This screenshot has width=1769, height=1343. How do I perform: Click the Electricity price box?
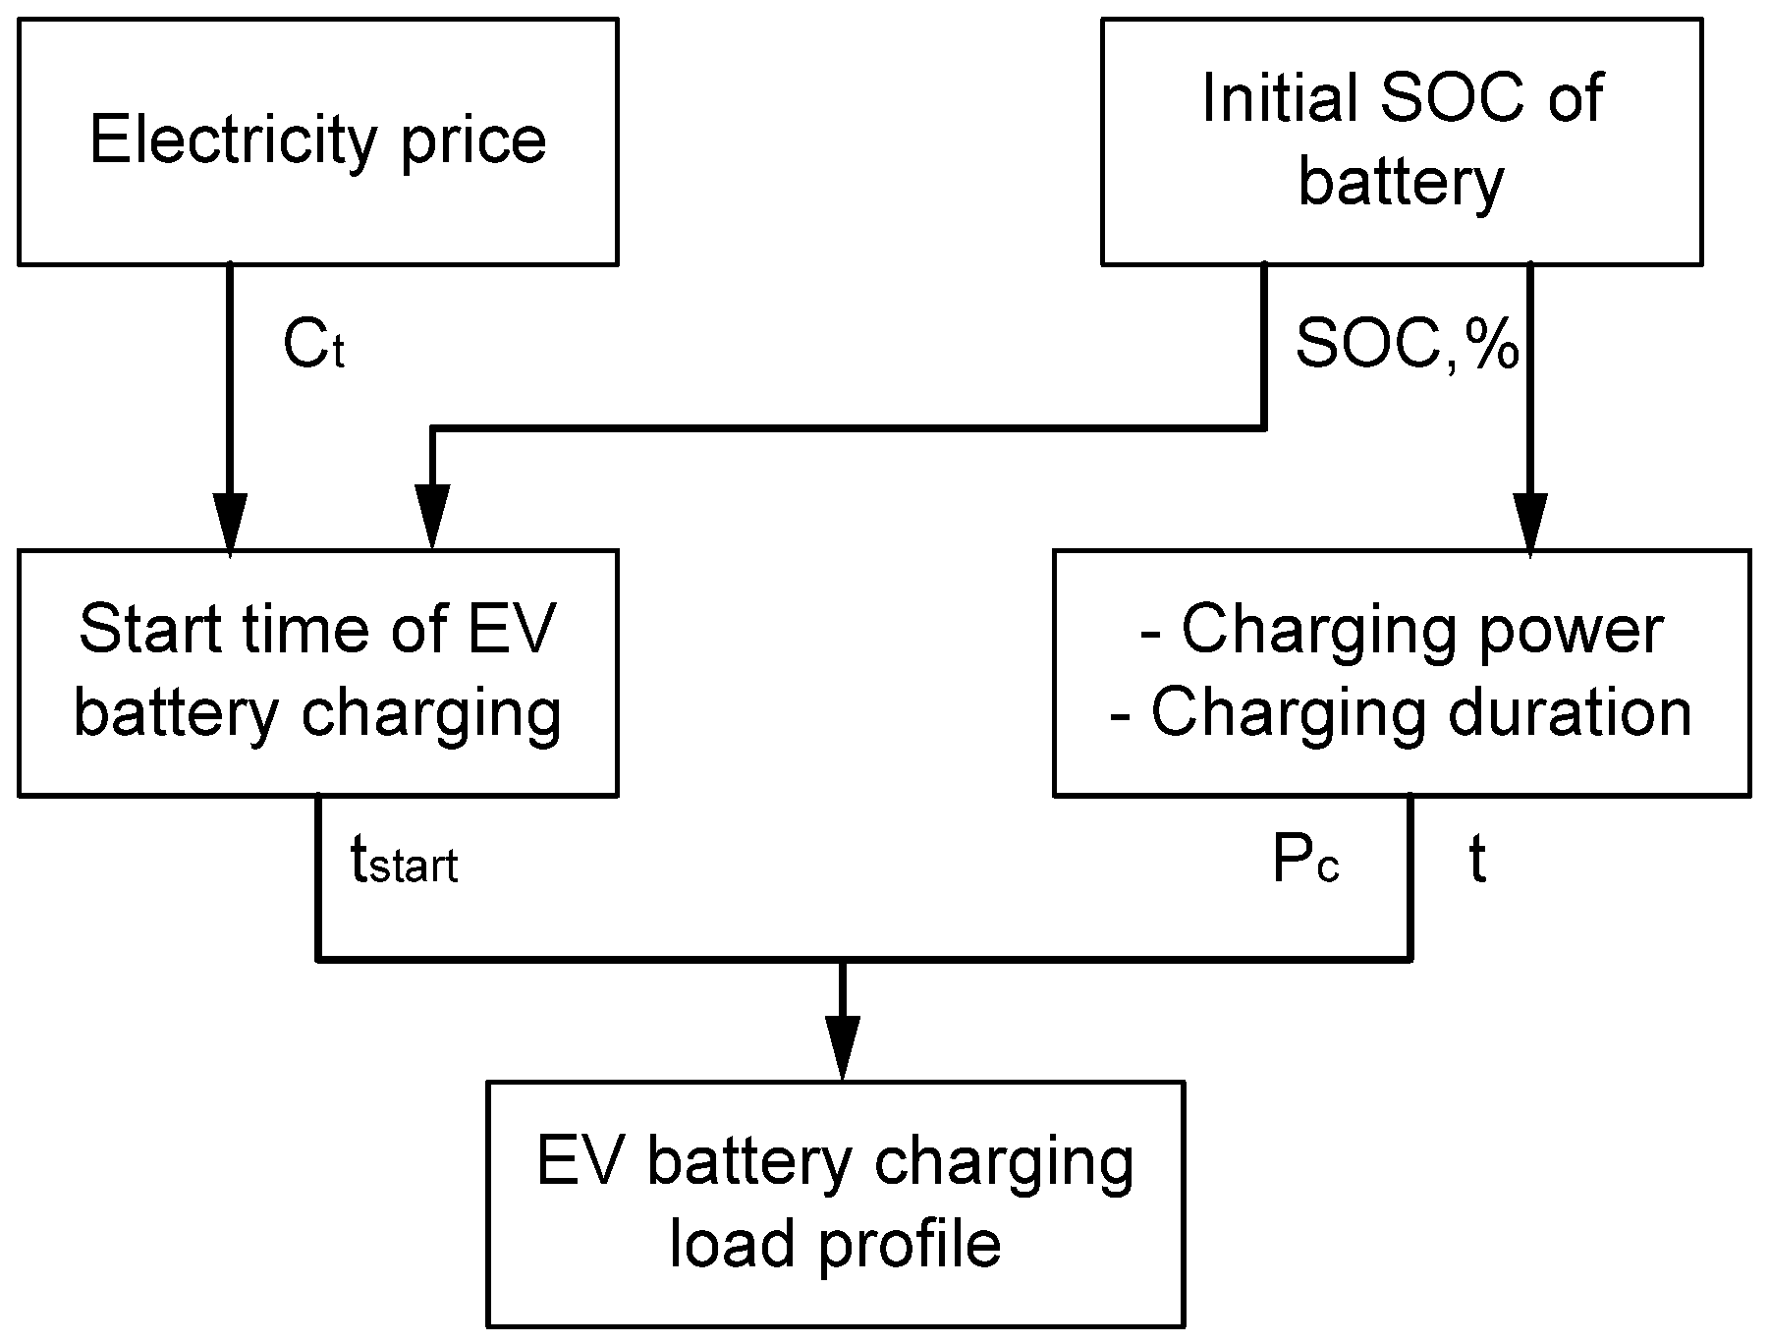(317, 141)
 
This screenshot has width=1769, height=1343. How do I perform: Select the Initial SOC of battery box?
(1401, 141)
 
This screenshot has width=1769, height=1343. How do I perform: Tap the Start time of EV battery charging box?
(317, 672)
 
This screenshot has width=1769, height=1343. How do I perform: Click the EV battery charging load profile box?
(835, 1203)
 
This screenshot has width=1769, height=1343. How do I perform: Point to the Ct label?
(313, 347)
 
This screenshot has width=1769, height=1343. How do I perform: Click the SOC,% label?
(1407, 346)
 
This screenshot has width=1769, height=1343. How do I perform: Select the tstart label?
(404, 863)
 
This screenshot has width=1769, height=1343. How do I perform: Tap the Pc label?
(1305, 862)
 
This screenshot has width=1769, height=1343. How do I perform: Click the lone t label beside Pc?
(1476, 862)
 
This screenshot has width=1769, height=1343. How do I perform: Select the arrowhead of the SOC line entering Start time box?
(432, 516)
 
